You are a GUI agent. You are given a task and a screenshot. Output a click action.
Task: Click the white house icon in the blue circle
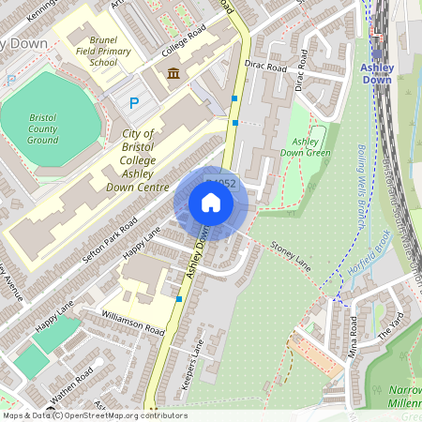click(x=211, y=203)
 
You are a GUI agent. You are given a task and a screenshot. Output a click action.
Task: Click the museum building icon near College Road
click(x=173, y=74)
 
